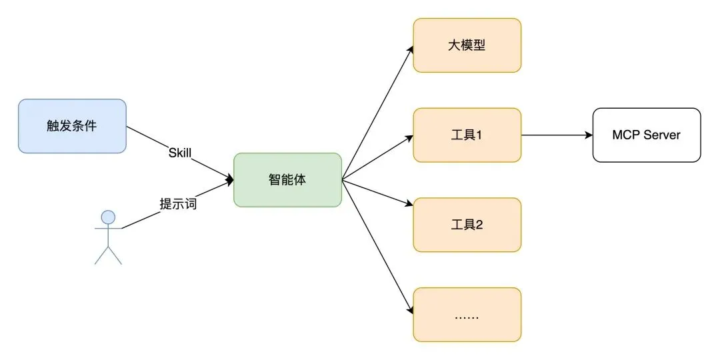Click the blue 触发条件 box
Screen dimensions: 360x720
(x=72, y=126)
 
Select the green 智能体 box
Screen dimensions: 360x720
(x=287, y=180)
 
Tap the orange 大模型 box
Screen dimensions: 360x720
(x=467, y=45)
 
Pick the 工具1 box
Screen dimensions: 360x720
(x=467, y=135)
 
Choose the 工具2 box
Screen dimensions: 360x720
(x=467, y=225)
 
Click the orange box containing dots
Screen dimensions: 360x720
(x=467, y=315)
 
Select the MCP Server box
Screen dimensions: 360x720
(x=646, y=135)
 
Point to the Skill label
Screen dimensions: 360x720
(x=180, y=153)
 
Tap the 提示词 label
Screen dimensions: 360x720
(x=178, y=204)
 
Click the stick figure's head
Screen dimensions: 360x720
(x=108, y=217)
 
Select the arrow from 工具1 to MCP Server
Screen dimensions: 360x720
(x=557, y=135)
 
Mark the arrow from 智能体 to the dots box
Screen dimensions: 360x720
(x=377, y=247)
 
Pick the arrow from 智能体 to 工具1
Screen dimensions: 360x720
(x=377, y=158)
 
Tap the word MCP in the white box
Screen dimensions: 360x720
(x=626, y=135)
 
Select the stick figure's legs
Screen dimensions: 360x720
(x=108, y=255)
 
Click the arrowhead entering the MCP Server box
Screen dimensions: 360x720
(x=589, y=135)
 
